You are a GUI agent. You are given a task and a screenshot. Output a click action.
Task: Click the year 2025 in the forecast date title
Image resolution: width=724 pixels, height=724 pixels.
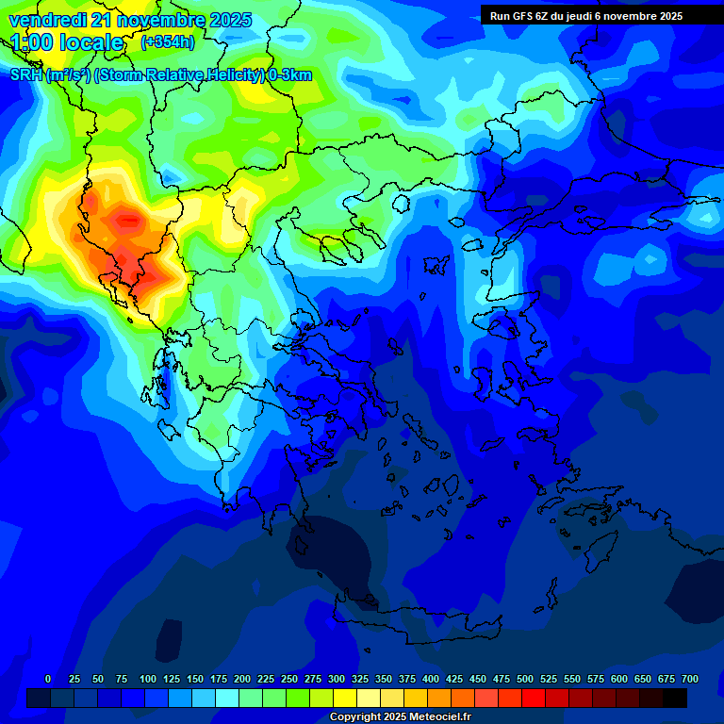(230, 20)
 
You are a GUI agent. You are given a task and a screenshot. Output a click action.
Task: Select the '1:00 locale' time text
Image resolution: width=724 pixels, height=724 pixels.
(68, 42)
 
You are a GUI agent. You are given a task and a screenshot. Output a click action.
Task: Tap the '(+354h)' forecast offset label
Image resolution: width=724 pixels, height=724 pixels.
(167, 42)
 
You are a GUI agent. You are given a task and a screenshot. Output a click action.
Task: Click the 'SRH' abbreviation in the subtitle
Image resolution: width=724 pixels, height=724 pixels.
(26, 75)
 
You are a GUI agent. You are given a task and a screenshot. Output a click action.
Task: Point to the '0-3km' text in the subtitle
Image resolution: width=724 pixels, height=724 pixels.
(290, 75)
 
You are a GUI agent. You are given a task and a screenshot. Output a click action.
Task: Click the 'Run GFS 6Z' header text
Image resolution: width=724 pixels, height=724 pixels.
(519, 16)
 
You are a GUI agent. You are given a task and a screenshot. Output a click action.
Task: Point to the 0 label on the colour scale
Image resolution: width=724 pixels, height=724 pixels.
(48, 680)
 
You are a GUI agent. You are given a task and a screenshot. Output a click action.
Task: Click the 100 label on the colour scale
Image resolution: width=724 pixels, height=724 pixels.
(148, 680)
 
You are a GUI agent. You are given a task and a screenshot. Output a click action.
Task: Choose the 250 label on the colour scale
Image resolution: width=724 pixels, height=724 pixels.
(289, 680)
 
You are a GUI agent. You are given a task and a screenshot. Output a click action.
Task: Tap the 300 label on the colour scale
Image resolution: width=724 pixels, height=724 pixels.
(337, 680)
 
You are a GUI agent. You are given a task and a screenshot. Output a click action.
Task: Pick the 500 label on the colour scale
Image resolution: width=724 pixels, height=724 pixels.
(525, 680)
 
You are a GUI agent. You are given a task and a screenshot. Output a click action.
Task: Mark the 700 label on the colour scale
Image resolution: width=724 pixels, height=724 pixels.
(689, 680)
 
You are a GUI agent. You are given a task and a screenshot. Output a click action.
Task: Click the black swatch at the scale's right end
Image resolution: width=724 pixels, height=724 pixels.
(675, 698)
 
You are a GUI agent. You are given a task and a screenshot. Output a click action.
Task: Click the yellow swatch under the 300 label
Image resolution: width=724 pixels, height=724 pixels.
(345, 698)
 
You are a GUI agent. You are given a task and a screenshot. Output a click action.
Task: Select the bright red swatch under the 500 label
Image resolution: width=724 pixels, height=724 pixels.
(534, 698)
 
